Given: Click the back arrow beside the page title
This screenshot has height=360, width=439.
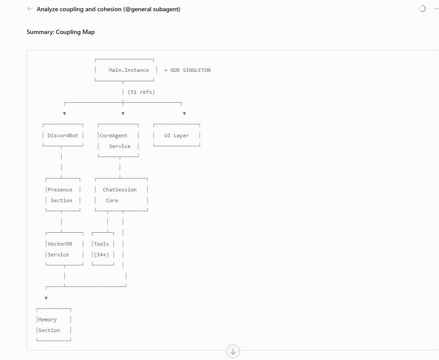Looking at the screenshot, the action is click(x=30, y=9).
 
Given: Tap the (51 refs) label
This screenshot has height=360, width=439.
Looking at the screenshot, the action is click(x=141, y=92).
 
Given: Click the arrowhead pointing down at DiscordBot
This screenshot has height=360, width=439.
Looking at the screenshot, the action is click(x=64, y=114).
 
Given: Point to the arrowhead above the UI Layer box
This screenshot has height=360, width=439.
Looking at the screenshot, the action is click(x=184, y=114).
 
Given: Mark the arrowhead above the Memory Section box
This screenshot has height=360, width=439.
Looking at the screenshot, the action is click(x=46, y=298).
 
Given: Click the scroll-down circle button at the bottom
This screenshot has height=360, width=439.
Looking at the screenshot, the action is click(x=233, y=351).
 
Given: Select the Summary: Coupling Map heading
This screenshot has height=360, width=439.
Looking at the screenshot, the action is click(x=61, y=32).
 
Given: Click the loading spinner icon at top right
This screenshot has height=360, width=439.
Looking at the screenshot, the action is click(x=422, y=9).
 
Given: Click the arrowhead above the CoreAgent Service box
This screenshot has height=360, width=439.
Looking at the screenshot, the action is click(x=123, y=114).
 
